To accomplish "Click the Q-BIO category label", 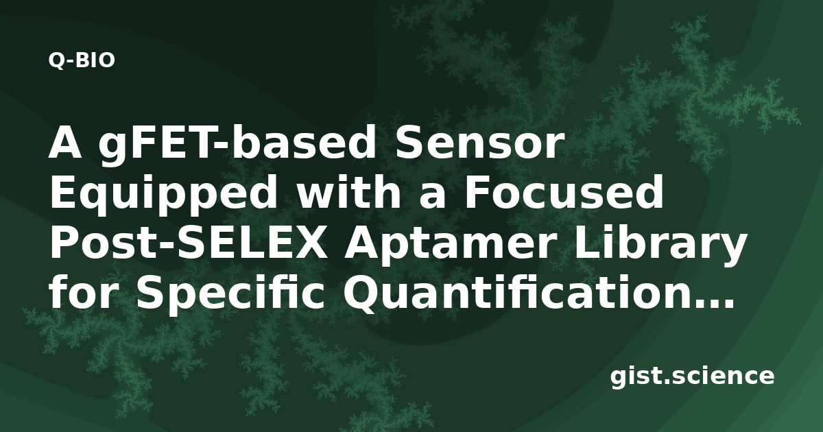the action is click(82, 60).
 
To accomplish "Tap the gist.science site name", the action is click(692, 377).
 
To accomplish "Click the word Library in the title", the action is click(660, 245).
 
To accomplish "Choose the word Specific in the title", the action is click(230, 296).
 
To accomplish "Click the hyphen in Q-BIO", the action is click(71, 62).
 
